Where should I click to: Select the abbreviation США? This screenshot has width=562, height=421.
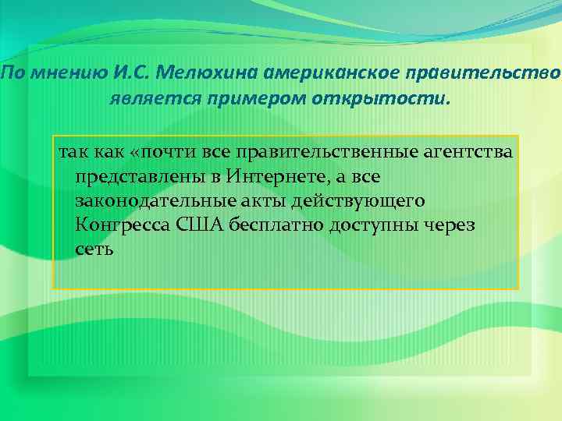tap(200, 225)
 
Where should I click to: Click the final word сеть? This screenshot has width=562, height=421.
tap(95, 250)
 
